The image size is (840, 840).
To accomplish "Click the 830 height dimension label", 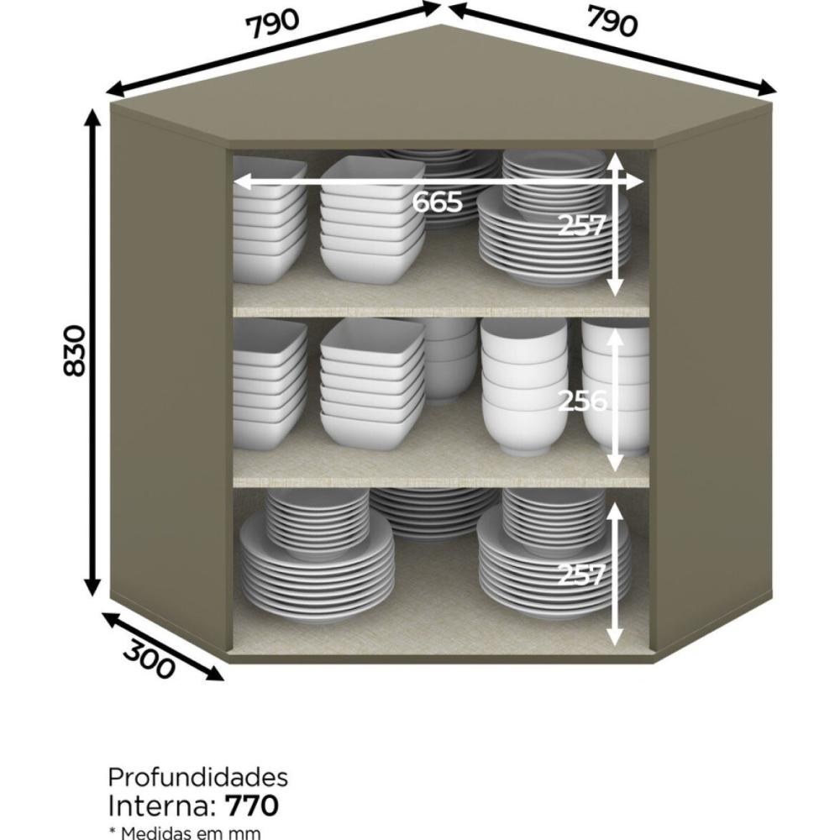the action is (75, 350).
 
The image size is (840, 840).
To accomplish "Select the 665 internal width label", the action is (437, 202).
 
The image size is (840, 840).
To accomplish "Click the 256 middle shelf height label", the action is (582, 400).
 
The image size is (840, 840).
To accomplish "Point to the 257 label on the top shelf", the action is (581, 225).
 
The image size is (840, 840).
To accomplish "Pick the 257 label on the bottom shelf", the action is (581, 575).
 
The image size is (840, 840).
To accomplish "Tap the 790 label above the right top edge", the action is (613, 22).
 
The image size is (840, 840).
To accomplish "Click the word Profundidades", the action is (197, 777).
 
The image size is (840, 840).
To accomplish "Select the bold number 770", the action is (252, 806).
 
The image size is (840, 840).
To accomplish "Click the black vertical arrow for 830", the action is (94, 352).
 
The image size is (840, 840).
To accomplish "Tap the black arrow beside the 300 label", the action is (162, 647).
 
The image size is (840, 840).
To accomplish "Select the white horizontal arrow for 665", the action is (438, 182).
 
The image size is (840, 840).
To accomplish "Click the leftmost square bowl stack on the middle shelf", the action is (269, 384).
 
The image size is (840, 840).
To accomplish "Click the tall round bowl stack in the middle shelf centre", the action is (523, 386).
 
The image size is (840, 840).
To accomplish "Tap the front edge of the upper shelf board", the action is (441, 312).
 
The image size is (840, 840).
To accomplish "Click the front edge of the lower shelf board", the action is (441, 480).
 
